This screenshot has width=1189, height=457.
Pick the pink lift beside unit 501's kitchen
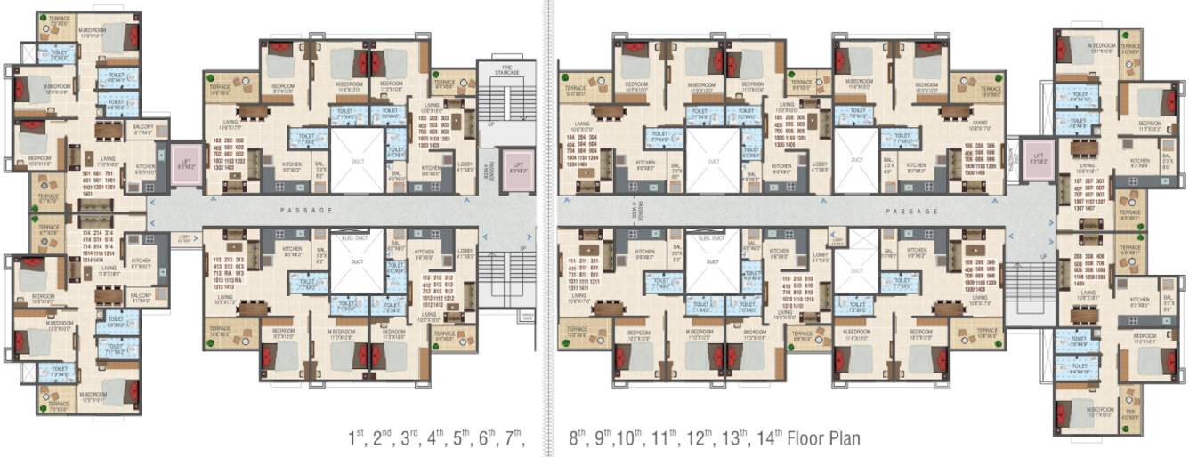186,164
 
